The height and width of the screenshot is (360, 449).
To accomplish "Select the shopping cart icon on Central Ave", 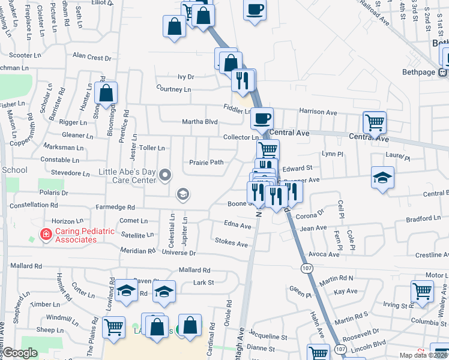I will tap(375, 122).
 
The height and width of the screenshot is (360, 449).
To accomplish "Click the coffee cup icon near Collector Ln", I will tap(261, 118).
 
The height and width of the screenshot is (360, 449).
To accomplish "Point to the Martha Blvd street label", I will tap(200, 122).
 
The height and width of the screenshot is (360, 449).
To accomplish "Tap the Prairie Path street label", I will tap(206, 162).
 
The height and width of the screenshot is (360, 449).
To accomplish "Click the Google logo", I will tap(20, 353).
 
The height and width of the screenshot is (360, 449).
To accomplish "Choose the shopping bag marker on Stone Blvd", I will tap(106, 93).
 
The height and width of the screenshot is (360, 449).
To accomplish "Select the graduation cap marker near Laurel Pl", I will tap(382, 178).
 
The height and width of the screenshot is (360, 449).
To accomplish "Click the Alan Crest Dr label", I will tap(92, 57).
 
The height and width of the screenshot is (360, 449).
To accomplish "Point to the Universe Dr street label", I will tap(183, 253).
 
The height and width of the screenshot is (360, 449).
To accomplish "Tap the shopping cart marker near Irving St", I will tap(423, 292).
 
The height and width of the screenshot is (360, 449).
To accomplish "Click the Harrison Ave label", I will tap(319, 112).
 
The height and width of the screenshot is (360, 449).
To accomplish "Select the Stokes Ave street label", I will tap(232, 244).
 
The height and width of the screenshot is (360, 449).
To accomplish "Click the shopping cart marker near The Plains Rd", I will tap(113, 327).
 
